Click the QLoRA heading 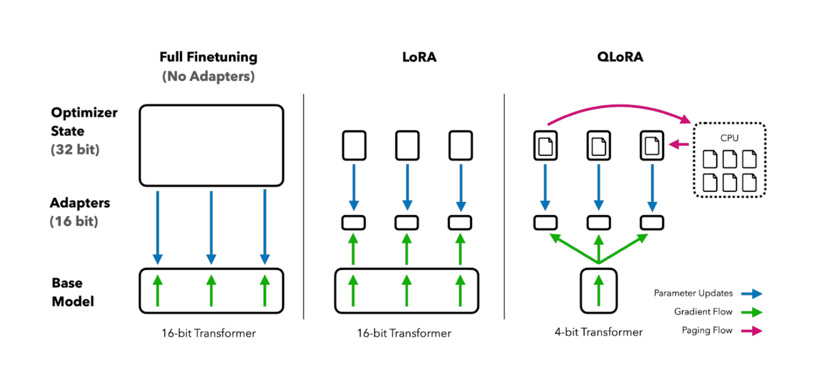pos(620,57)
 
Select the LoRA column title pos(419,57)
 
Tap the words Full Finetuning pos(208,57)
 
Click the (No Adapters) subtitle pos(208,76)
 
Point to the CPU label pos(729,138)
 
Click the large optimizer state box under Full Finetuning pos(211,145)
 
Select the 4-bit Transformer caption pos(599,332)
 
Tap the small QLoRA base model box pos(599,291)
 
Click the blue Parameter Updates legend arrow pos(751,294)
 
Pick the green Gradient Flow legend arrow pos(751,312)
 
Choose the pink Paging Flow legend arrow pos(751,331)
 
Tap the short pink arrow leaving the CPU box pos(679,144)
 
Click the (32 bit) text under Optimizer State pos(75,150)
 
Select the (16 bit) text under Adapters pos(74,221)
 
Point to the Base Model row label pos(73,292)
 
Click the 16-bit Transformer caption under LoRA pos(404,333)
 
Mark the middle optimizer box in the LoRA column pos(407,145)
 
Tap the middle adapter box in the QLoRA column pos(599,223)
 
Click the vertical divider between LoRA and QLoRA pos(504,205)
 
